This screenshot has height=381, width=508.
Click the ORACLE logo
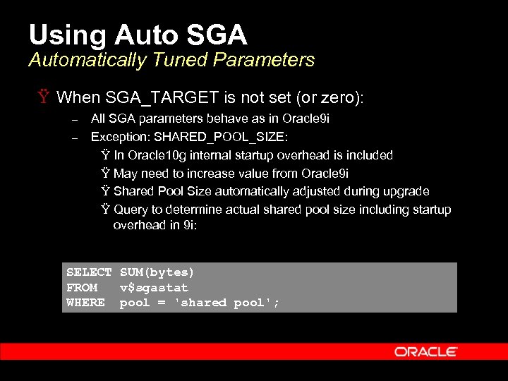pos(425,351)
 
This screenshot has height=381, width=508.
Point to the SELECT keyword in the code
pos(89,272)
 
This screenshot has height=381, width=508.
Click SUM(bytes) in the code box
pos(157,272)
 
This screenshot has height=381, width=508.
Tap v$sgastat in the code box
pos(154,287)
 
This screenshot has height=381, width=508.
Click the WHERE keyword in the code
pos(85,303)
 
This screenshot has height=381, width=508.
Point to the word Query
pos(128,210)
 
